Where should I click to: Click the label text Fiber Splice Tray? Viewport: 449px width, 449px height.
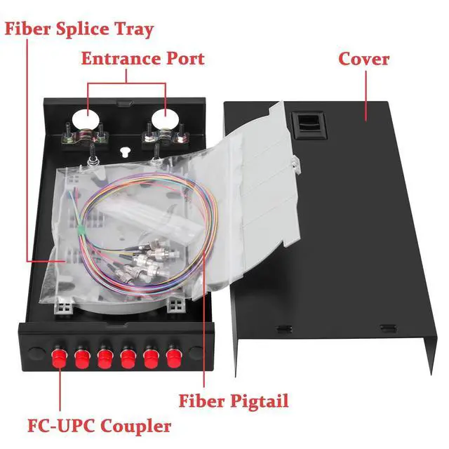pos(79,30)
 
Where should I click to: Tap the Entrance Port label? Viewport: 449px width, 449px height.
pos(142,58)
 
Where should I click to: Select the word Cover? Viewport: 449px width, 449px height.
pos(363,58)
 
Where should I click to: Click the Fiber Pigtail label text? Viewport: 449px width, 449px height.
pos(234,401)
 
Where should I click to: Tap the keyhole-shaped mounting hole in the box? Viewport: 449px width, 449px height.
pos(125,151)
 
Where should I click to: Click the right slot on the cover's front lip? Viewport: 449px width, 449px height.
pos(387,328)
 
